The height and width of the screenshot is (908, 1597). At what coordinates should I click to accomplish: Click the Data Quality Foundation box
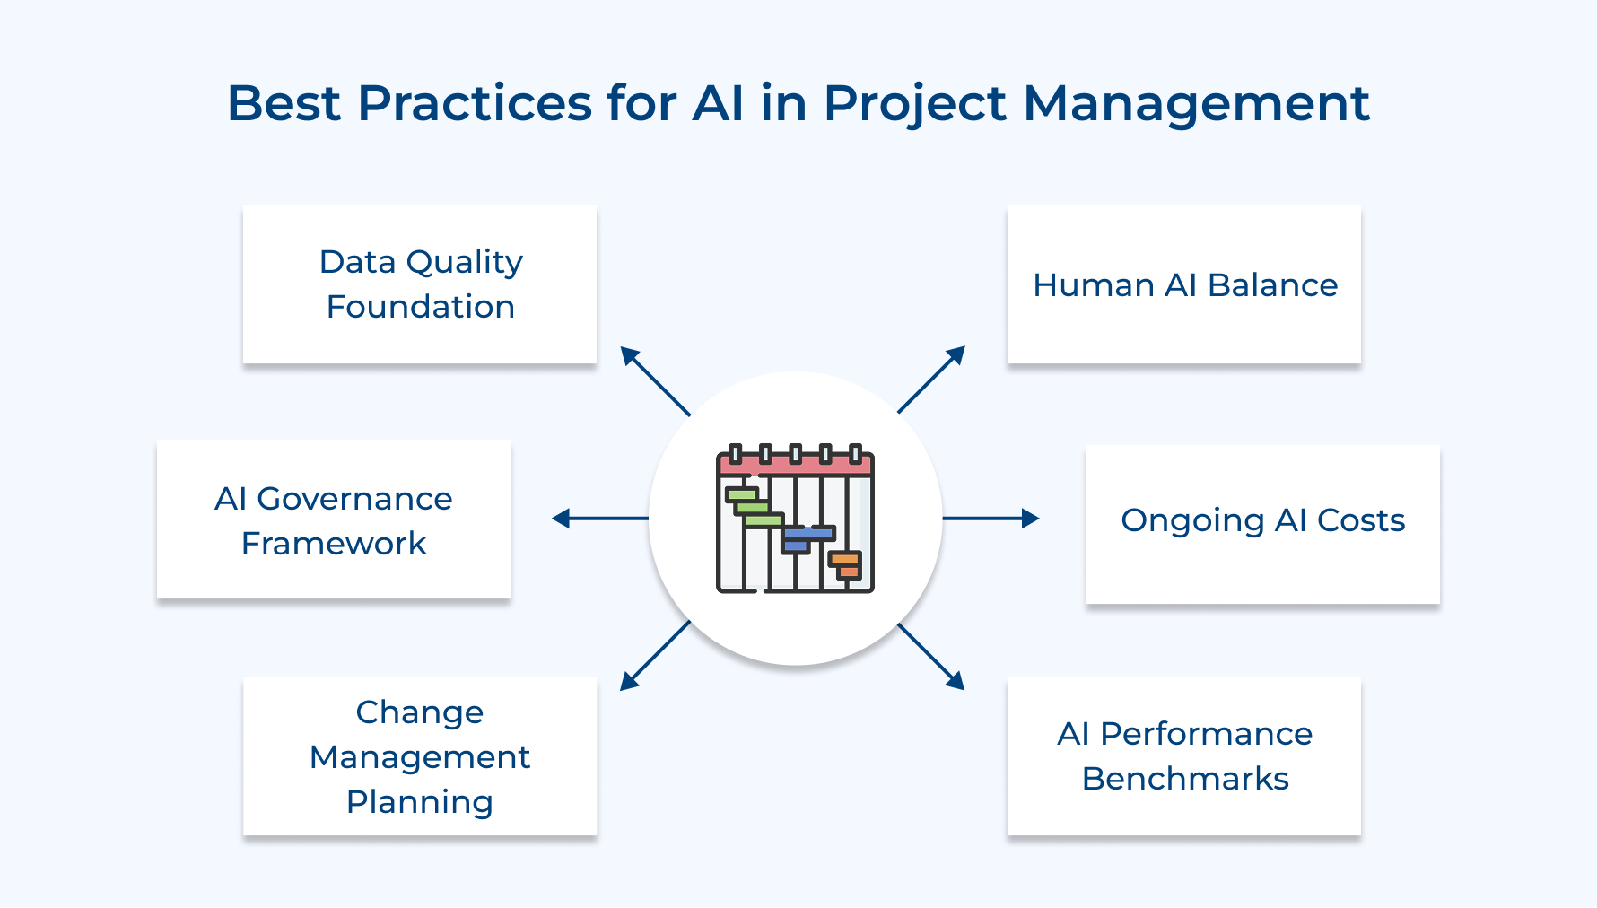[420, 284]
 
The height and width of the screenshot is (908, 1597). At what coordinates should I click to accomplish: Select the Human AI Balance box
[1184, 284]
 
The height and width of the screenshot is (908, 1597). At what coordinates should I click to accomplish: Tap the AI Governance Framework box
[334, 519]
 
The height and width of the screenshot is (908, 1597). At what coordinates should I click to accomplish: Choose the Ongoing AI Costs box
[1262, 524]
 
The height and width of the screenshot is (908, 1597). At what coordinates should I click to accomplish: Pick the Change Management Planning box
[420, 755]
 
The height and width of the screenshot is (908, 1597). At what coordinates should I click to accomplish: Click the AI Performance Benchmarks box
[1184, 755]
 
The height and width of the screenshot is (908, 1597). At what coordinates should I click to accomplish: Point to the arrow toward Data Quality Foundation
[655, 380]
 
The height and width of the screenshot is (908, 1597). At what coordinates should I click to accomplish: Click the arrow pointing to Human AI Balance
[931, 380]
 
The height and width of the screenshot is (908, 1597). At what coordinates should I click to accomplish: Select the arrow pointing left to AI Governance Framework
[599, 519]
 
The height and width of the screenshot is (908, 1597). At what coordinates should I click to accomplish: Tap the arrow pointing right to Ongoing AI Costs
[990, 519]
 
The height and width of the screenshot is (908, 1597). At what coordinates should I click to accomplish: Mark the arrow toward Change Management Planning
[655, 656]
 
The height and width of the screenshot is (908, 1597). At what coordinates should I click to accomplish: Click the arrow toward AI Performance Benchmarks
[931, 657]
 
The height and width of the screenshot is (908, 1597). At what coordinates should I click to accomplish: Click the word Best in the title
[284, 102]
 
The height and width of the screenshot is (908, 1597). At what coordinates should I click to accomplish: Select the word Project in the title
[915, 104]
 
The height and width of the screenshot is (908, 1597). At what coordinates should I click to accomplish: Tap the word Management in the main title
[1196, 104]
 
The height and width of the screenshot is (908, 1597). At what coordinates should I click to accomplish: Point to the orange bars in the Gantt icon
[845, 564]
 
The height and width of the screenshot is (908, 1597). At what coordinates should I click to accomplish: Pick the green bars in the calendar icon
[752, 508]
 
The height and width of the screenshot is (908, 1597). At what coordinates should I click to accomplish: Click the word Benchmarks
[1184, 779]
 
